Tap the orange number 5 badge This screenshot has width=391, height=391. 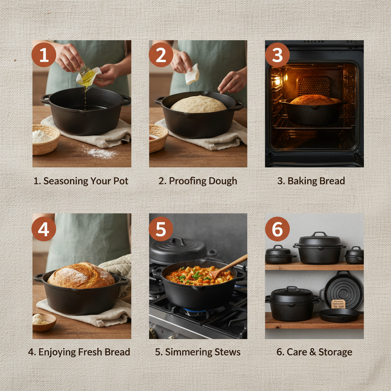(x=161, y=229)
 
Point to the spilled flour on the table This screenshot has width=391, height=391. (x=100, y=153)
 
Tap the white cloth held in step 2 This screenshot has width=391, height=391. (x=192, y=74)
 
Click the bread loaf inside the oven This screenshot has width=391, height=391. (x=312, y=100)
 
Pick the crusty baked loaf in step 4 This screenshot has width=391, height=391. (x=81, y=275)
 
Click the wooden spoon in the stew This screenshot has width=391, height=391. (x=229, y=266)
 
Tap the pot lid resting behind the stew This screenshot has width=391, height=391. (x=178, y=250)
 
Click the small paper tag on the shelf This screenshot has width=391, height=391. (x=338, y=304)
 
